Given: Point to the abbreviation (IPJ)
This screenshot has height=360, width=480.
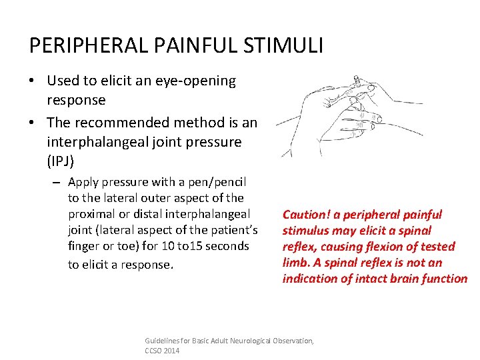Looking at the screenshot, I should (61, 161).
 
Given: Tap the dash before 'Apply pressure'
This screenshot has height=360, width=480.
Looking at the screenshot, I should (58, 183).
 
